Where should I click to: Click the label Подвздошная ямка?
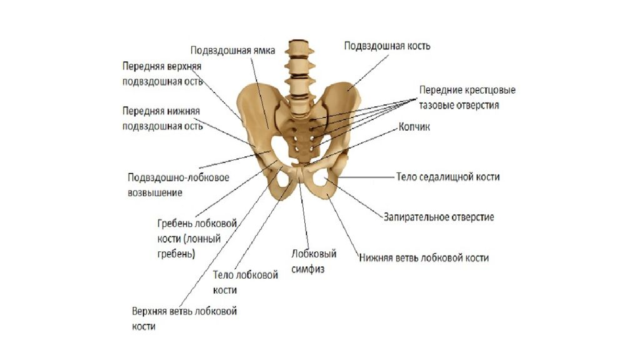pos(232,51)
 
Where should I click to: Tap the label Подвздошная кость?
pos(387,46)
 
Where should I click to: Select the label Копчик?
pos(414,127)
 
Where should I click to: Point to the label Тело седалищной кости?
pos(447,177)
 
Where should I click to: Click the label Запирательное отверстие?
pos(439,217)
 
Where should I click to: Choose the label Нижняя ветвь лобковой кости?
pos(424,258)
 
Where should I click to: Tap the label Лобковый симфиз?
pos(314,261)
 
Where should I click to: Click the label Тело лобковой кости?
pos(245,282)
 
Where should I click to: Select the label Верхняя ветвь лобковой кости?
pos(184,319)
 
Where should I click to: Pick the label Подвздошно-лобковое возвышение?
pos(178,185)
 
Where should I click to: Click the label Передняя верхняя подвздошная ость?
pos(162,74)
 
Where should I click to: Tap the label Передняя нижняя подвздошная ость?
pos(162,118)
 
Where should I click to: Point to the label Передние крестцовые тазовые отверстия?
pos(467,97)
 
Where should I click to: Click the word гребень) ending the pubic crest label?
pos(176,254)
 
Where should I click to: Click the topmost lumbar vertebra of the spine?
pos(300,46)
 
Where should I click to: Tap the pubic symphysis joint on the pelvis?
pos(299,175)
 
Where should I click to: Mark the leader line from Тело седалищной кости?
pos(366,177)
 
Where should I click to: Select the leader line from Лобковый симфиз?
pos(304,216)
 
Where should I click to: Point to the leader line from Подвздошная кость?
pos(368,72)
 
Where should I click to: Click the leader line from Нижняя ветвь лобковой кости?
pos(343,225)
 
